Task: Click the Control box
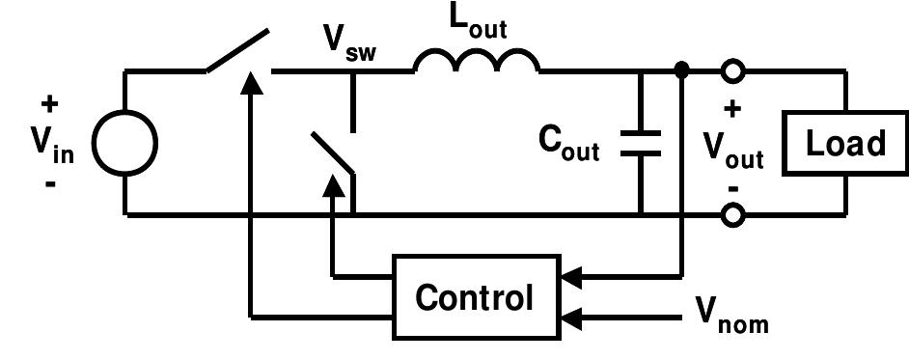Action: coord(474,297)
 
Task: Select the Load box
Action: coord(845,144)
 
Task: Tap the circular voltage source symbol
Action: coord(125,145)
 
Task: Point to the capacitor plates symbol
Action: coord(641,143)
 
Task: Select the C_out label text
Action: coord(569,144)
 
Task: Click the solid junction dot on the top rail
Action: coord(682,70)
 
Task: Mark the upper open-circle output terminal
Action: coord(733,71)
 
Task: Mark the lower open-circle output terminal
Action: coord(733,215)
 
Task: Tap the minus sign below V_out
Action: coord(732,186)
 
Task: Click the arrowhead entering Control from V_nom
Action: coord(571,316)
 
